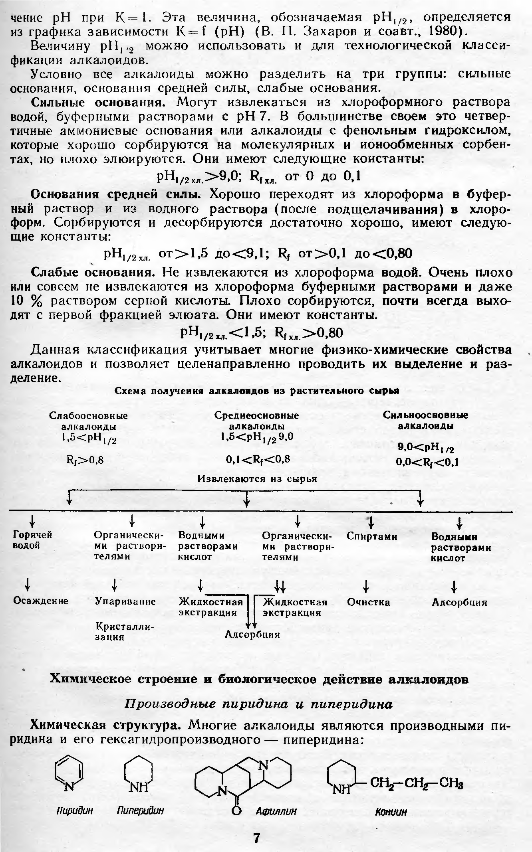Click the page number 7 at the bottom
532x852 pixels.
click(256, 837)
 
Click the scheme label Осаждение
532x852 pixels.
click(41, 601)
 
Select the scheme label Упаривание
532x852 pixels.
click(125, 601)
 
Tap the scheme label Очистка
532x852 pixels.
click(368, 602)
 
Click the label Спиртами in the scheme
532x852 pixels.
click(372, 536)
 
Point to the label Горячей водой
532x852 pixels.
click(33, 540)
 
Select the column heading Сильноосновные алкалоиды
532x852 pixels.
click(425, 420)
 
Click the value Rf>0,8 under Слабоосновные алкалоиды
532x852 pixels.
click(85, 460)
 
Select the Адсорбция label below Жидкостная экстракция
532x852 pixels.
click(252, 634)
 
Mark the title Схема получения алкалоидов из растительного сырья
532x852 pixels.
click(257, 391)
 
